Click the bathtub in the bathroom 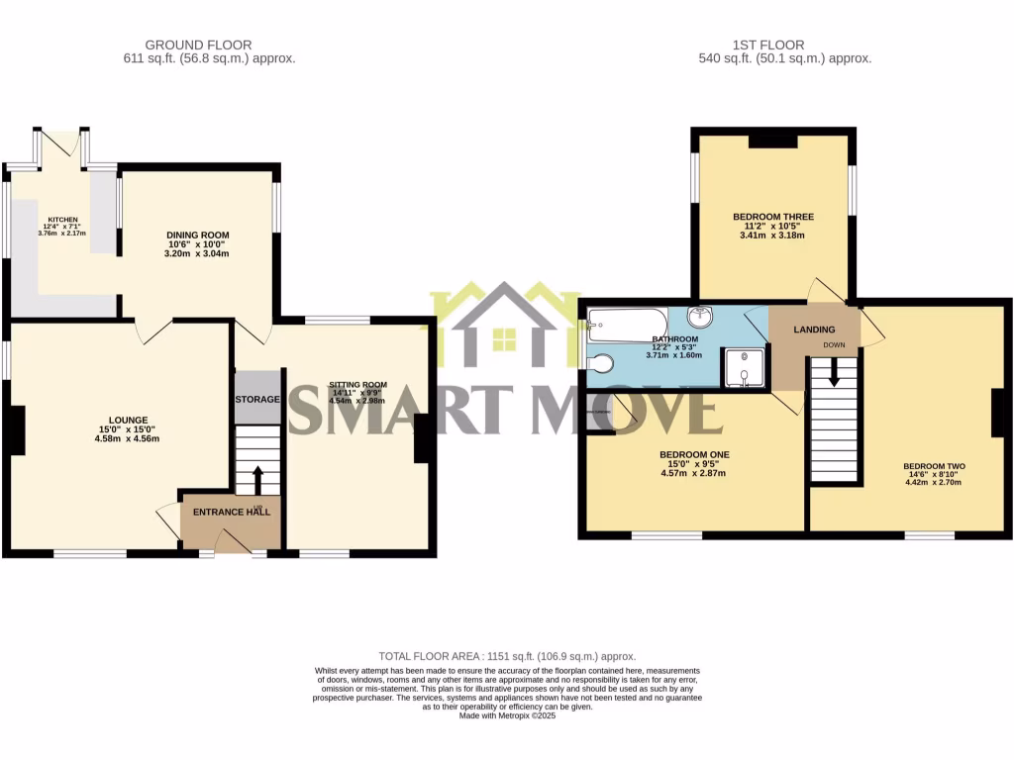[x=628, y=324]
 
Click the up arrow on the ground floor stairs [x=259, y=478]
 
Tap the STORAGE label [x=257, y=399]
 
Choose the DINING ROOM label [x=197, y=236]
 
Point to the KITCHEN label [x=61, y=220]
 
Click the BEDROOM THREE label [x=773, y=217]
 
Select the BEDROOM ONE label [x=693, y=455]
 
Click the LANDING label [x=814, y=330]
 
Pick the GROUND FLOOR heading [x=198, y=45]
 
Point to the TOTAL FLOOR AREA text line [x=507, y=656]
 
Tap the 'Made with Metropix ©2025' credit [x=507, y=715]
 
